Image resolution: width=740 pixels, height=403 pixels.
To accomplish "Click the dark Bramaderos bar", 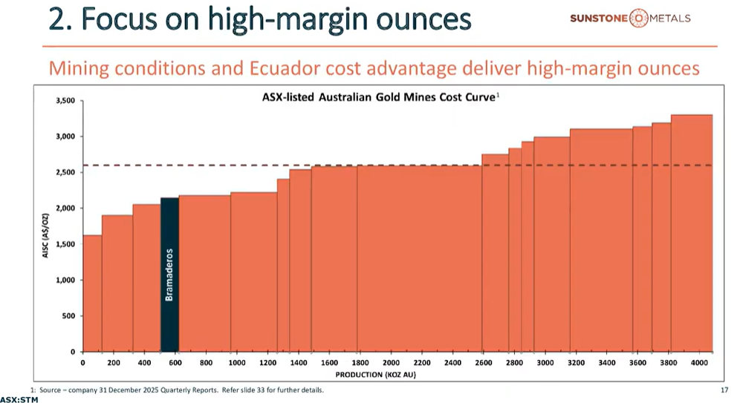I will coord(169,275).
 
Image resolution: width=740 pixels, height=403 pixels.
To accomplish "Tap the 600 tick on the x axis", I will coord(175,362).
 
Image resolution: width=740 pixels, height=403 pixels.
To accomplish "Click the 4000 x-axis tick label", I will coord(699,362).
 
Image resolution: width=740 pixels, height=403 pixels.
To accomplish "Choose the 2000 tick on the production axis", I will coord(391,362).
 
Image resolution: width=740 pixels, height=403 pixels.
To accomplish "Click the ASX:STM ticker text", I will coord(19,399).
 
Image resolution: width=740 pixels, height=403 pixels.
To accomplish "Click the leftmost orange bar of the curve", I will coord(92,297).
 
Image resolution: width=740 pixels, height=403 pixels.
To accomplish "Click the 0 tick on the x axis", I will coord(82,362).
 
